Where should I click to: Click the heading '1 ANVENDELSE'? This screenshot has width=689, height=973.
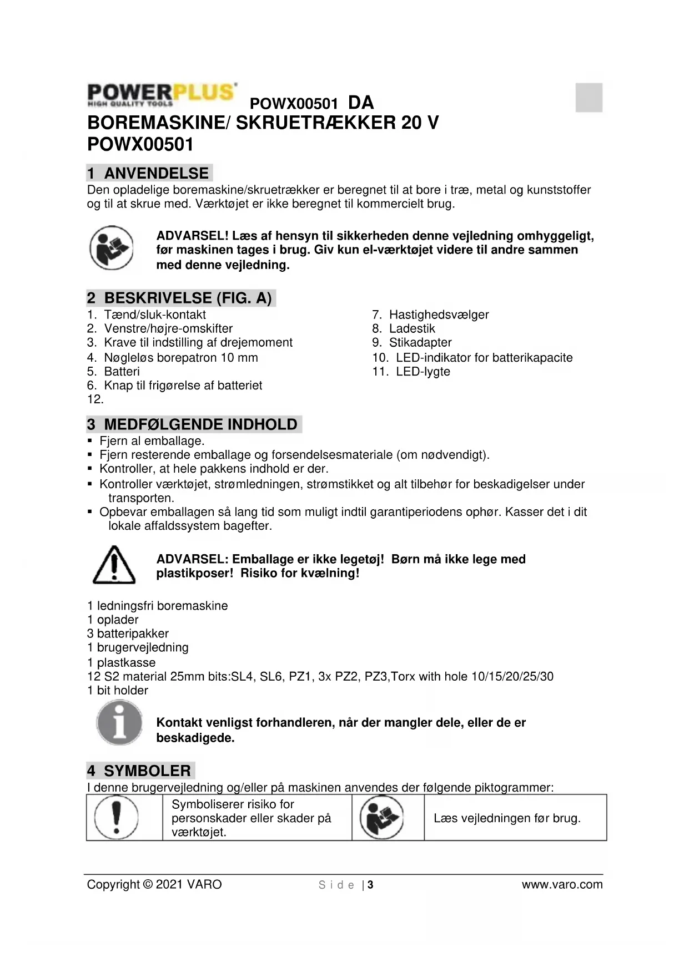(x=149, y=173)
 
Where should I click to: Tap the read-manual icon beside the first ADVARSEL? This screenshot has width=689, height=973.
(x=112, y=248)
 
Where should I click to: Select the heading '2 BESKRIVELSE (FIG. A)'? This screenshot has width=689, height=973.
(x=180, y=298)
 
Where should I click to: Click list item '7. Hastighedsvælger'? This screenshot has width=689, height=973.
(x=430, y=315)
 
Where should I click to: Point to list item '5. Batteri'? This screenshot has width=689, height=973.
(x=113, y=371)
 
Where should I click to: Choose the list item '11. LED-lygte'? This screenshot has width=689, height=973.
(x=411, y=371)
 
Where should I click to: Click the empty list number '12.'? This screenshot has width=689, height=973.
(x=95, y=399)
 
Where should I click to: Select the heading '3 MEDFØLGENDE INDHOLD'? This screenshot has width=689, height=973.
(x=193, y=424)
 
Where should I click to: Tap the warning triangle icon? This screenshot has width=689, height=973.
(x=114, y=565)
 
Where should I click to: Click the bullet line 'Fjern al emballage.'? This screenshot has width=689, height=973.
(x=152, y=441)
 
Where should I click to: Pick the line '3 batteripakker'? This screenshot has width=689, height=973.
(x=128, y=634)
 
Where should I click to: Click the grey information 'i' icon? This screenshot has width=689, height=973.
(x=119, y=723)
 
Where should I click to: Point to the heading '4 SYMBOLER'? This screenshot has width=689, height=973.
(x=140, y=771)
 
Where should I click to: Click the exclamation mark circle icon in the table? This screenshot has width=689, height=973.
(x=116, y=817)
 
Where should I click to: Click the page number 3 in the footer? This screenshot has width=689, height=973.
(x=370, y=885)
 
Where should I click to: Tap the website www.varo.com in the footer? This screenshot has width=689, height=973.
(x=562, y=884)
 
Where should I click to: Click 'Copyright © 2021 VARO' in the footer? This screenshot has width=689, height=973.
(x=154, y=884)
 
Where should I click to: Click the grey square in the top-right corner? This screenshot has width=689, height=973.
(x=589, y=97)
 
